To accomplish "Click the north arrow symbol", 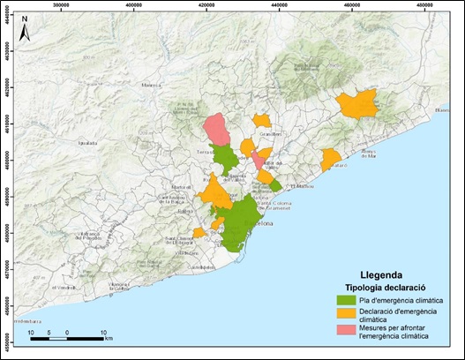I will click(x=26, y=26).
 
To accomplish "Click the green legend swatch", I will click(x=356, y=301).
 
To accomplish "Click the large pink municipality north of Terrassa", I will click(x=217, y=130).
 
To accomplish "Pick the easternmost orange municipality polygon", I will click(x=357, y=104).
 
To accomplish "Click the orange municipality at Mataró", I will click(x=331, y=160).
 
